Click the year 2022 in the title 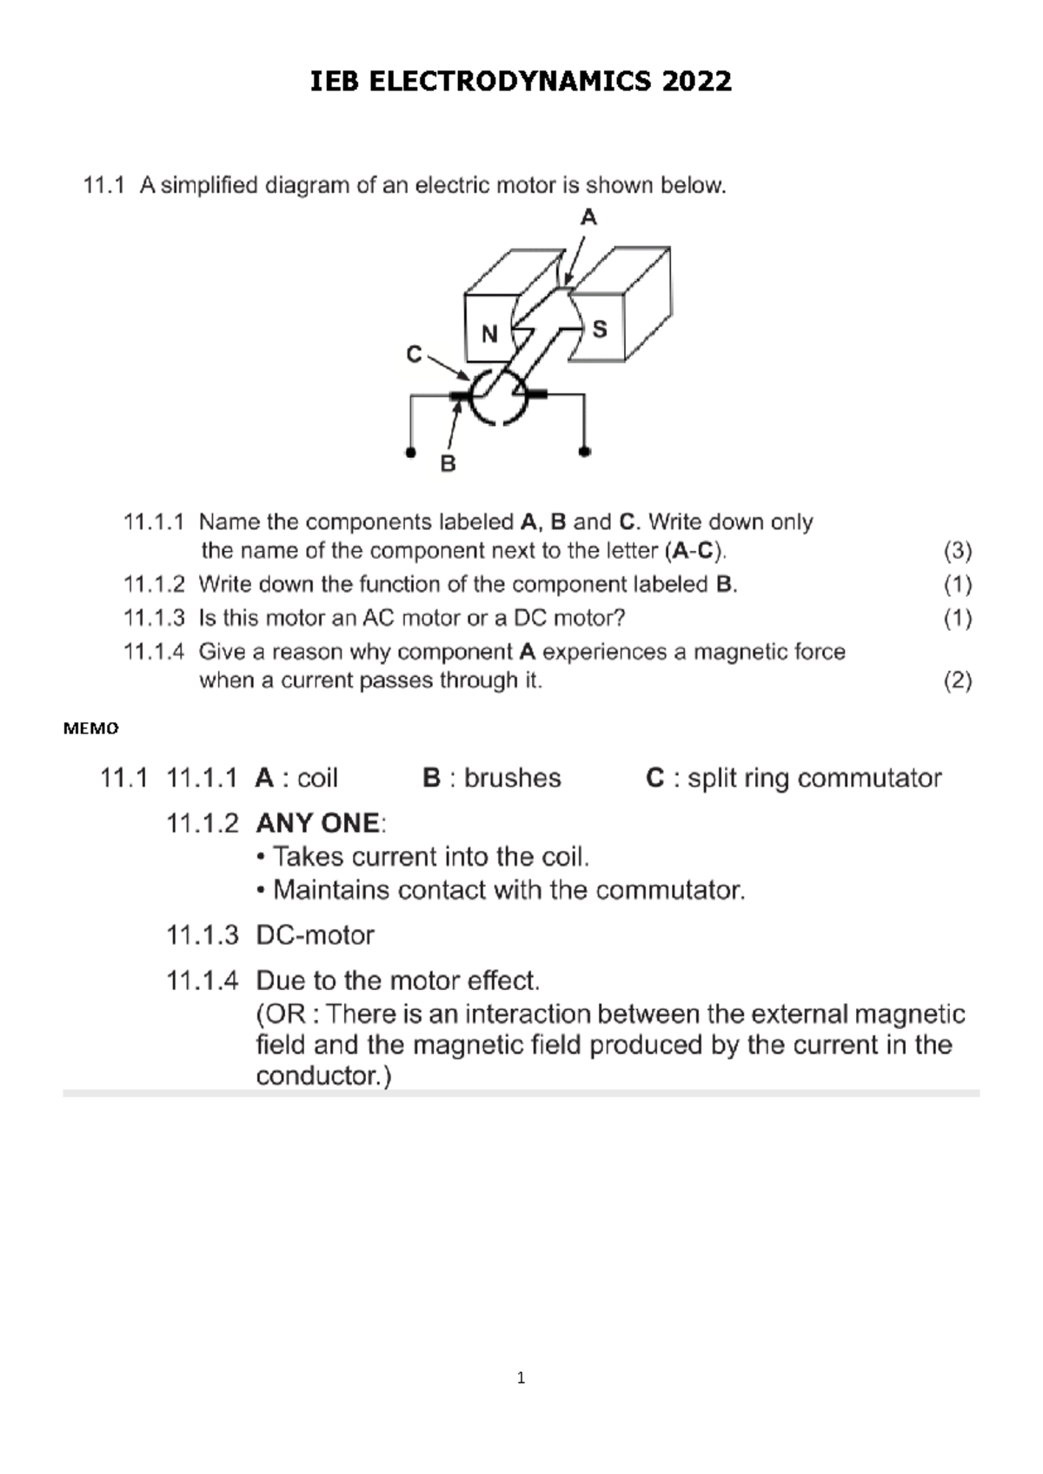(x=696, y=82)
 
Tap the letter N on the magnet (x=489, y=334)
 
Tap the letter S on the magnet (x=599, y=329)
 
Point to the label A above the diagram (x=588, y=217)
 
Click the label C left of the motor (x=415, y=355)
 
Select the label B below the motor (x=448, y=464)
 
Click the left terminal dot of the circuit (x=410, y=452)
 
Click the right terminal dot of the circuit (x=584, y=452)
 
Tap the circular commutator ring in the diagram (x=498, y=397)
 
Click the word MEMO (x=91, y=728)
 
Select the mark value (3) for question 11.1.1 (x=957, y=551)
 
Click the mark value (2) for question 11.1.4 (x=957, y=681)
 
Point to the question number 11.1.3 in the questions (x=154, y=618)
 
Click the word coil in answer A (x=317, y=778)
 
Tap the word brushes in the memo (x=512, y=778)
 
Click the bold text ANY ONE (x=317, y=823)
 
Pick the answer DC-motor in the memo (x=315, y=935)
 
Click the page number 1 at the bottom (x=521, y=1378)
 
